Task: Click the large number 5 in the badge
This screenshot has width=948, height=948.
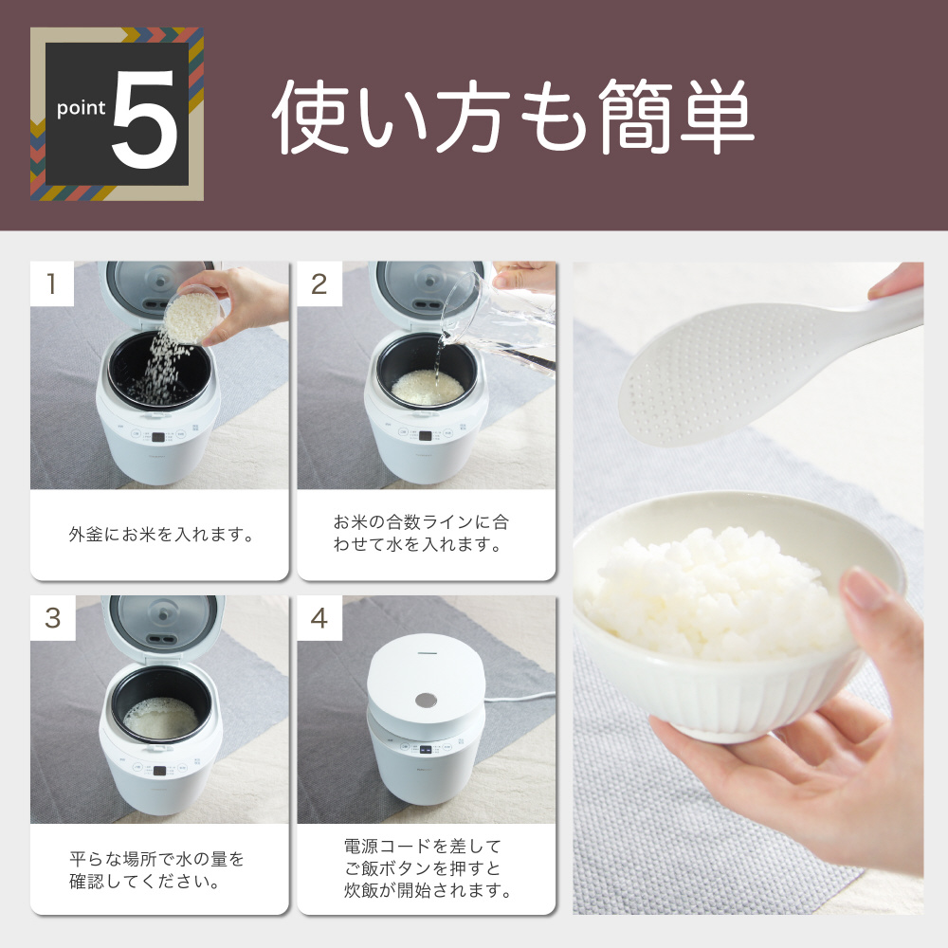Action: click(145, 119)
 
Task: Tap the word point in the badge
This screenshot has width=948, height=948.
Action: click(81, 108)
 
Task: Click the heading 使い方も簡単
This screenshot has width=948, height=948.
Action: click(513, 116)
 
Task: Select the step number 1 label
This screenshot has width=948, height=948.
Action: click(52, 283)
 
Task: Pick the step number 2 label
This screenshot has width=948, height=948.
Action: click(319, 284)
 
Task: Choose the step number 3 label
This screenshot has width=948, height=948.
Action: click(52, 618)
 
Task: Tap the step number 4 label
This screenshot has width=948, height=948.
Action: click(319, 618)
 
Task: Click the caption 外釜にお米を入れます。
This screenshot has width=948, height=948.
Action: click(161, 535)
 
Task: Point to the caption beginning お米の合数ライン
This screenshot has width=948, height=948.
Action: click(422, 533)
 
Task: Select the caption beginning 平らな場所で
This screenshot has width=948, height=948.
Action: click(157, 870)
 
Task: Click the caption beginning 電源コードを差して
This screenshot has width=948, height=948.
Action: click(427, 868)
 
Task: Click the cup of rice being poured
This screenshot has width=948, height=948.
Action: click(192, 316)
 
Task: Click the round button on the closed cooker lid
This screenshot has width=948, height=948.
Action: click(427, 701)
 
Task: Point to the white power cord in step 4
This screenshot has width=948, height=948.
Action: click(520, 699)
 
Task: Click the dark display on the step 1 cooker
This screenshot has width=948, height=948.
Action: click(157, 437)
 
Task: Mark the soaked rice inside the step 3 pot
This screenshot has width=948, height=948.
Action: click(161, 718)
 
